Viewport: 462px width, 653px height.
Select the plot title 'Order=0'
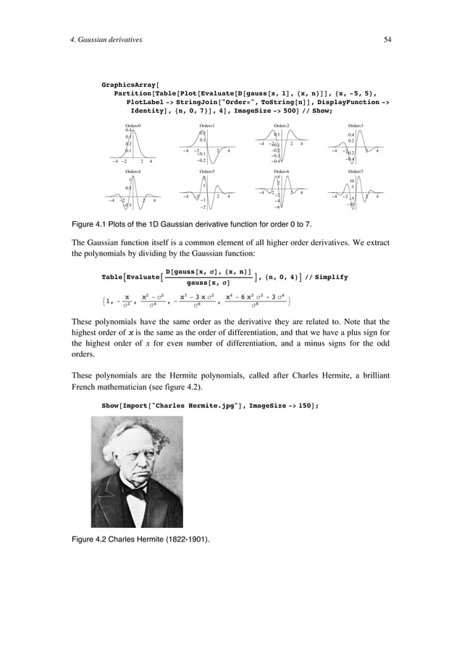coord(133,126)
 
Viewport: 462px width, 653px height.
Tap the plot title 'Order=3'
coord(356,126)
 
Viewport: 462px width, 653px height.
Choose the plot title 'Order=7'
coord(356,171)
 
